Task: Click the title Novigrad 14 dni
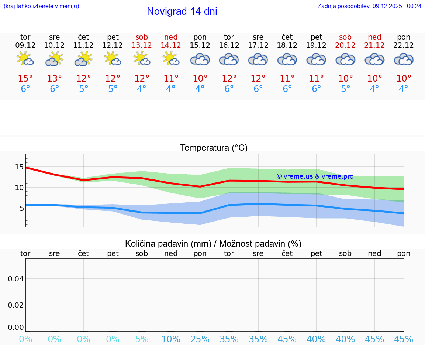182,11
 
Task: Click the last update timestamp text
369,6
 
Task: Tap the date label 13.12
142,45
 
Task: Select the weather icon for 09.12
25,59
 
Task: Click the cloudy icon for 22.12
404,59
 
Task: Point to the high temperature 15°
25,79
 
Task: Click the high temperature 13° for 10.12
55,79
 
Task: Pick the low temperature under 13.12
142,89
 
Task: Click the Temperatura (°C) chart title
214,148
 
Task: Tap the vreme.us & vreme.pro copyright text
315,176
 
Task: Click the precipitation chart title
213,244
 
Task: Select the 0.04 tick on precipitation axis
16,279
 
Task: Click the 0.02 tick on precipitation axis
16,305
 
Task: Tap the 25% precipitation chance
200,339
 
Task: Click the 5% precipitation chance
142,339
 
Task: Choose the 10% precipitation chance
171,339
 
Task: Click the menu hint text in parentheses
41,6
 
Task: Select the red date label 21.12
374,45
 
